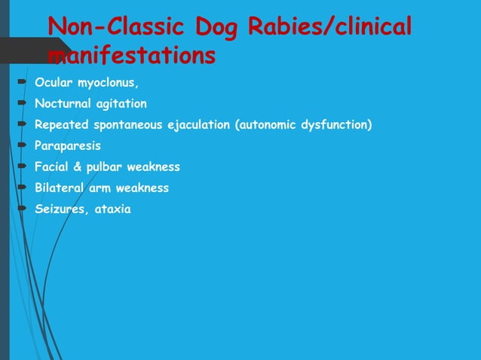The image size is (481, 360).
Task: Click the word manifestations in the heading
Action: point(131,55)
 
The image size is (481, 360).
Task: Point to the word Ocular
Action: point(52,81)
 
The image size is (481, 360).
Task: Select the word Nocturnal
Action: point(62,103)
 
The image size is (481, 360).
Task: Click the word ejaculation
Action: point(193,124)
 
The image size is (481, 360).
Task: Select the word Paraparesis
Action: point(67,145)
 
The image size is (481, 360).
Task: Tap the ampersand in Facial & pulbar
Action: point(78,166)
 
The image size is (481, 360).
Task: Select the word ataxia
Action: point(112,209)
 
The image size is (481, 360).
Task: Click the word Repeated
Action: point(60,124)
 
